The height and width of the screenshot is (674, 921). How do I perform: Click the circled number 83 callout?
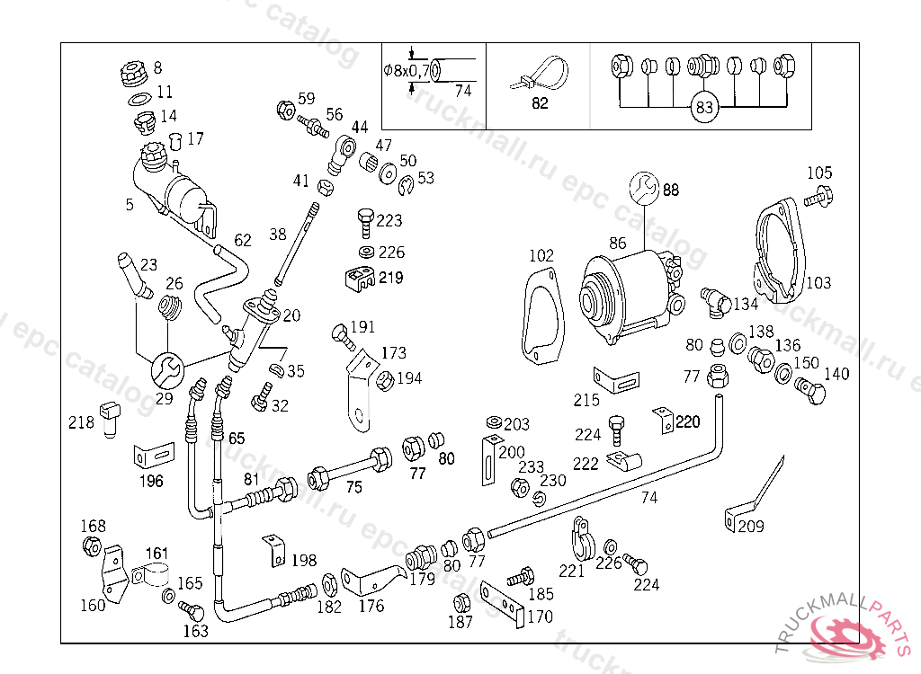(x=705, y=108)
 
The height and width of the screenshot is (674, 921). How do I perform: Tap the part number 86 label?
(x=617, y=243)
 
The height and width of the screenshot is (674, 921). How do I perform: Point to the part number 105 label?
(x=819, y=173)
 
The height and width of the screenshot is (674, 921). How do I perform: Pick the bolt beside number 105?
(x=818, y=195)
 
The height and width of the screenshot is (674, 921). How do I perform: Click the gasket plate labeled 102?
(x=541, y=319)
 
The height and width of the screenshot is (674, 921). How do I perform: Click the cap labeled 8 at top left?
(x=133, y=69)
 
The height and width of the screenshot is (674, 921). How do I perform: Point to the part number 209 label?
(x=751, y=527)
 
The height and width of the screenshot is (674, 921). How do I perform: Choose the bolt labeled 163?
(x=192, y=611)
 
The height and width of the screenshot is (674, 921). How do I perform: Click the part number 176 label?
(x=371, y=606)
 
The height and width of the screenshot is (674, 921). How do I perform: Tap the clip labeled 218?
(x=112, y=417)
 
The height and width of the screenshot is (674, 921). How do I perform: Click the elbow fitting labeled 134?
(x=715, y=300)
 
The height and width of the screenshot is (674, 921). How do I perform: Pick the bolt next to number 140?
(x=809, y=389)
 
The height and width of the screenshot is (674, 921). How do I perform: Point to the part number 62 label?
(x=243, y=241)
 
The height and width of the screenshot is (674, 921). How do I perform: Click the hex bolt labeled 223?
(x=366, y=220)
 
